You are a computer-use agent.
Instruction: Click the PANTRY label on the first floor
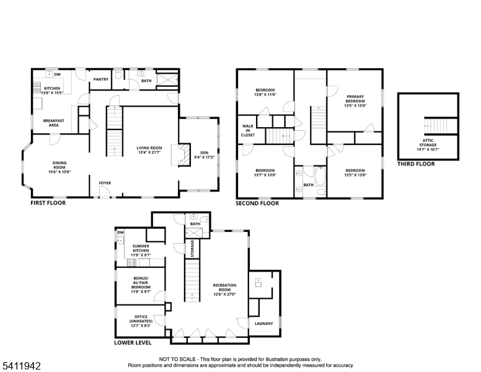click(x=100, y=79)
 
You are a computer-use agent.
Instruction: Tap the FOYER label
click(x=105, y=183)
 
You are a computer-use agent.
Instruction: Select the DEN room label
click(x=204, y=153)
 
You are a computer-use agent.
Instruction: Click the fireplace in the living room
click(x=181, y=155)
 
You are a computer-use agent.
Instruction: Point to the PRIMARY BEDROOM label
click(x=355, y=99)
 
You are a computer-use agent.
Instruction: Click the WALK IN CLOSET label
click(x=247, y=130)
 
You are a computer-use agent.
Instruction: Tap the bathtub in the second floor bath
click(x=320, y=176)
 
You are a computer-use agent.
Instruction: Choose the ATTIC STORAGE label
click(x=428, y=143)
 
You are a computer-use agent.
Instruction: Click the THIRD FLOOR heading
click(x=416, y=164)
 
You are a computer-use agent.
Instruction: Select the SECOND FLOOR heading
click(x=257, y=203)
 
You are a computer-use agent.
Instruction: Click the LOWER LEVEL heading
click(x=133, y=342)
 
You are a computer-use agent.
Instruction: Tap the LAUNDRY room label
click(x=263, y=324)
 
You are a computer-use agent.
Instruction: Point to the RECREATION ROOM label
click(x=224, y=287)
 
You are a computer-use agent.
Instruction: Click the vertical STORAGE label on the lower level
click(x=192, y=249)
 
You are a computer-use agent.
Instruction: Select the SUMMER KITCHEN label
click(x=141, y=248)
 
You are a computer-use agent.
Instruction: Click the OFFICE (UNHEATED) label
click(x=141, y=319)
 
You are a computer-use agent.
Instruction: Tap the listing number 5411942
click(x=22, y=366)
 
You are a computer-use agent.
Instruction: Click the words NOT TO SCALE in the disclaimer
click(x=177, y=359)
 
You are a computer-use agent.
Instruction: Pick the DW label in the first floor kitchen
click(x=58, y=74)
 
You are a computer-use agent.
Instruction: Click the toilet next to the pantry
click(x=118, y=74)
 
